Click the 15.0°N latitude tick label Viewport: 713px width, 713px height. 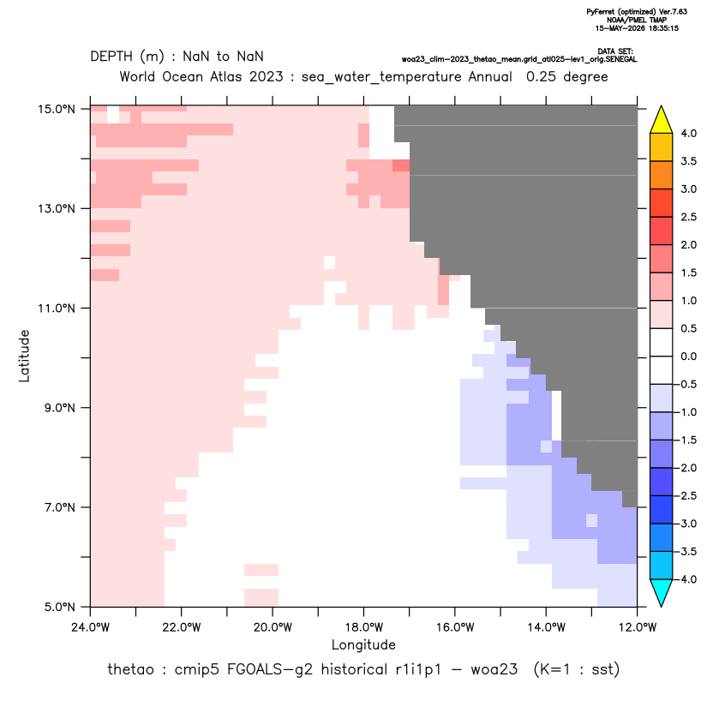pyautogui.click(x=57, y=109)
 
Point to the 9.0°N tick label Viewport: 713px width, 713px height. pyautogui.click(x=59, y=408)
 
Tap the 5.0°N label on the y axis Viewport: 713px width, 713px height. pyautogui.click(x=59, y=607)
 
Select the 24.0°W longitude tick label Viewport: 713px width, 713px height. pyautogui.click(x=91, y=627)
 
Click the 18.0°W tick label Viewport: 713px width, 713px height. pyautogui.click(x=363, y=627)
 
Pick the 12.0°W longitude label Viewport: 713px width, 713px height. pyautogui.click(x=638, y=627)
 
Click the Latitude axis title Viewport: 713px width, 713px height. pyautogui.click(x=24, y=356)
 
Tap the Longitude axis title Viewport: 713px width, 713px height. pyautogui.click(x=363, y=645)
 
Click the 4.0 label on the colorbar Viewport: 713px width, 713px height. pyautogui.click(x=688, y=133)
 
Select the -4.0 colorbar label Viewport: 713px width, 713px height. pyautogui.click(x=686, y=579)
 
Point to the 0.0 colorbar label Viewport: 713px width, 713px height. pyautogui.click(x=688, y=356)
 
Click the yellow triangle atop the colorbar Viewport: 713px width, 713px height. pyautogui.click(x=662, y=120)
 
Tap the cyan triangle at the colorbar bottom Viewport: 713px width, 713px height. pyautogui.click(x=662, y=592)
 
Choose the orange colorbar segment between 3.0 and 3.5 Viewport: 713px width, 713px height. pyautogui.click(x=662, y=175)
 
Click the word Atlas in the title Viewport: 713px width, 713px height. pyautogui.click(x=225, y=76)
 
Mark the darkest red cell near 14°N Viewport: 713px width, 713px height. pyautogui.click(x=401, y=165)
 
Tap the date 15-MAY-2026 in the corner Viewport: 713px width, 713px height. pyautogui.click(x=615, y=28)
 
